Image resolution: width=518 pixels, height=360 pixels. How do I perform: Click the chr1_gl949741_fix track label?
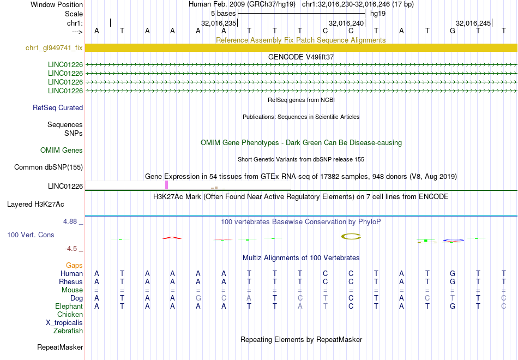pyautogui.click(x=54, y=48)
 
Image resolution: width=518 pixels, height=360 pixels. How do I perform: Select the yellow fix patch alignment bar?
pyautogui.click(x=301, y=47)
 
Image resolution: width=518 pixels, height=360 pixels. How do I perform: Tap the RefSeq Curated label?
pyautogui.click(x=58, y=108)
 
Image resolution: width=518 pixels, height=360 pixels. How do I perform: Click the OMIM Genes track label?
pyautogui.click(x=62, y=151)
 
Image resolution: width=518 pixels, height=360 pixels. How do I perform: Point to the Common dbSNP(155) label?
pyautogui.click(x=49, y=167)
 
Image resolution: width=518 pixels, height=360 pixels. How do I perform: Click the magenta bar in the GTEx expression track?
pyautogui.click(x=166, y=185)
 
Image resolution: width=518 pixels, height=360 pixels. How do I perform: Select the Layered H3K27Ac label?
pyautogui.click(x=35, y=205)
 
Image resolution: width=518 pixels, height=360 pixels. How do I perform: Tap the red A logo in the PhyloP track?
pyautogui.click(x=172, y=238)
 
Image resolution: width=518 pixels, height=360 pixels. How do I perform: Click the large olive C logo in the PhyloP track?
pyautogui.click(x=351, y=236)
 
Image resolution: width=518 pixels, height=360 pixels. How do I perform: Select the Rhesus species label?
pyautogui.click(x=71, y=282)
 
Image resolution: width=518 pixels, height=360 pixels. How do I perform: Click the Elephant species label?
pyautogui.click(x=69, y=307)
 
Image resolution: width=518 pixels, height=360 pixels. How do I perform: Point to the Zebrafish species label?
pyautogui.click(x=68, y=331)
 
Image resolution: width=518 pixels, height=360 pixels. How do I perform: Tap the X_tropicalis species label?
pyautogui.click(x=64, y=323)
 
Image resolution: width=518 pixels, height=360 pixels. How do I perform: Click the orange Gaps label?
pyautogui.click(x=74, y=266)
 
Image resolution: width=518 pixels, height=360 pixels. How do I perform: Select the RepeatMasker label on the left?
pyautogui.click(x=60, y=347)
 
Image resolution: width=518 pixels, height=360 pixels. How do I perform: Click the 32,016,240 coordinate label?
pyautogui.click(x=346, y=23)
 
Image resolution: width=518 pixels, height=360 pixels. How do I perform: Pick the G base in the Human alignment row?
pyautogui.click(x=453, y=274)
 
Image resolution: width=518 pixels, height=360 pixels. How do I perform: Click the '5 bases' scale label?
pyautogui.click(x=224, y=14)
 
